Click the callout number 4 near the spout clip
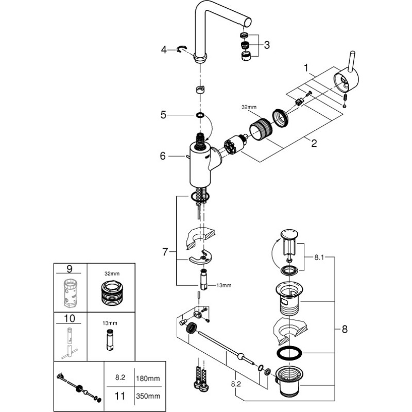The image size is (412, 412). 164,49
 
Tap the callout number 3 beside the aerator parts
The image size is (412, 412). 267,45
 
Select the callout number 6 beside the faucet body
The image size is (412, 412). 163,156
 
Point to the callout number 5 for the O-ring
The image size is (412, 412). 163,115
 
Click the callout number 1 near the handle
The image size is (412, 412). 306,68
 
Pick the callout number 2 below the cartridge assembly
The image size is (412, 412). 314,143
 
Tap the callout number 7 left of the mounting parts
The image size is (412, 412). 165,252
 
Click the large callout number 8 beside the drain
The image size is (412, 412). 345,329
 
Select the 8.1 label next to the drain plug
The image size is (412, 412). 319,257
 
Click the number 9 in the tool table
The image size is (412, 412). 70,268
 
